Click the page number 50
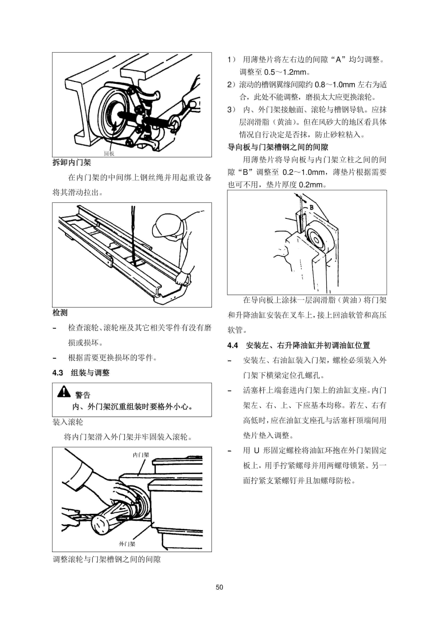pos(219,587)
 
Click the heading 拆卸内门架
pos(72,162)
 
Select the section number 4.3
pos(58,373)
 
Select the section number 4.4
pos(233,345)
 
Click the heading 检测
pos(60,313)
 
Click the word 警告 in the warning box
pos(83,395)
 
